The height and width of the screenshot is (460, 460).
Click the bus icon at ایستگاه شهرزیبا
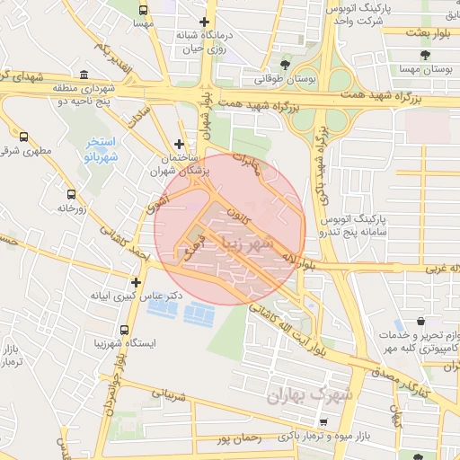tap(123, 330)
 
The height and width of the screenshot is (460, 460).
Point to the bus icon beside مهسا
tap(144, 9)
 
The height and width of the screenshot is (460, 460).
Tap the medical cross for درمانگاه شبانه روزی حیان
tap(205, 22)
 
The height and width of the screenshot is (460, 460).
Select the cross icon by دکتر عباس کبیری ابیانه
tap(136, 282)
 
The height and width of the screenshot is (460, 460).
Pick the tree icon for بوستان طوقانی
tap(285, 65)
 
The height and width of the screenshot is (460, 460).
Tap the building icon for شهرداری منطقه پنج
tap(84, 75)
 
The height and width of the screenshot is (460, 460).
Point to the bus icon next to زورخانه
tap(71, 193)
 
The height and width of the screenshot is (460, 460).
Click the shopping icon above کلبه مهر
tap(421, 321)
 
